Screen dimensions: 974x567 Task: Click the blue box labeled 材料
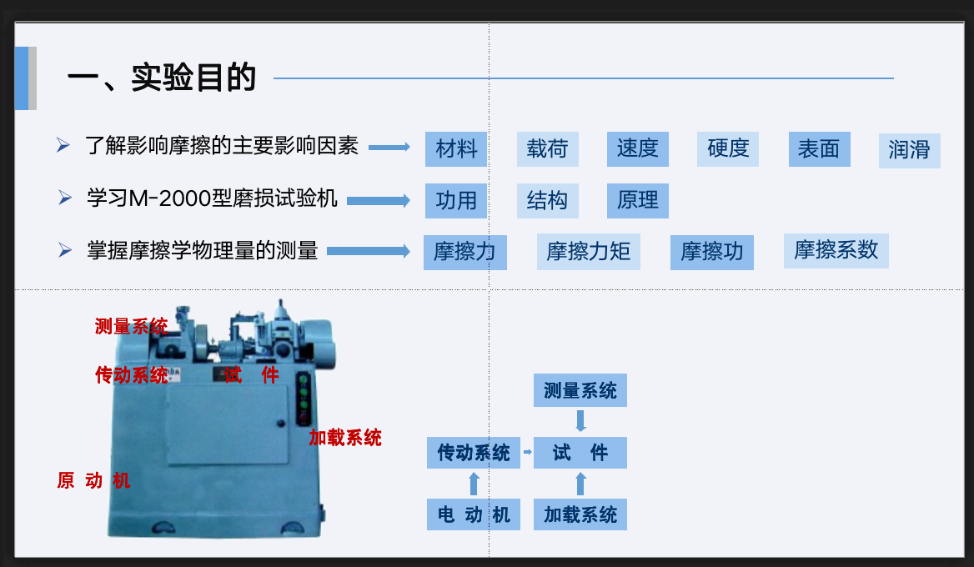tap(456, 149)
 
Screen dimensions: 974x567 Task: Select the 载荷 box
tap(547, 149)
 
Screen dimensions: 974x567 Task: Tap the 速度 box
tap(637, 149)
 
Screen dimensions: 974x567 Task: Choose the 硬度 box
tap(728, 149)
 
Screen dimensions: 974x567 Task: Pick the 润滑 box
tap(910, 151)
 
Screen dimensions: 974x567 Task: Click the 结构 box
tap(547, 201)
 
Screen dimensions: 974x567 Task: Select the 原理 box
tap(637, 201)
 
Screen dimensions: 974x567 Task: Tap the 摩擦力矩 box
tap(588, 252)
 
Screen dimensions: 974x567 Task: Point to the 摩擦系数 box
tap(836, 251)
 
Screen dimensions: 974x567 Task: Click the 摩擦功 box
tap(712, 252)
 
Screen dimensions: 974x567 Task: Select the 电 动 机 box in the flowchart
tap(474, 514)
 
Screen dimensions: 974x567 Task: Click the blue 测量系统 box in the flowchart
tap(580, 390)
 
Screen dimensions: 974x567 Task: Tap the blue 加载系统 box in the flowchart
tap(580, 514)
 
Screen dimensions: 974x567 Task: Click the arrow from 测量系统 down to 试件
tap(580, 421)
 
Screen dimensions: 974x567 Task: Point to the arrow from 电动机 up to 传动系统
tap(474, 483)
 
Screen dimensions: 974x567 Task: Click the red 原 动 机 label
tap(93, 480)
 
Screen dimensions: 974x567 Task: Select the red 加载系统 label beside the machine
tap(344, 438)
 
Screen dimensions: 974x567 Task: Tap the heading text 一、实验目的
tap(162, 78)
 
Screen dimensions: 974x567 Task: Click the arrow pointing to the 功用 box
tap(379, 201)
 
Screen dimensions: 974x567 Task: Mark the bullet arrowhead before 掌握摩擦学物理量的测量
tap(64, 249)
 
